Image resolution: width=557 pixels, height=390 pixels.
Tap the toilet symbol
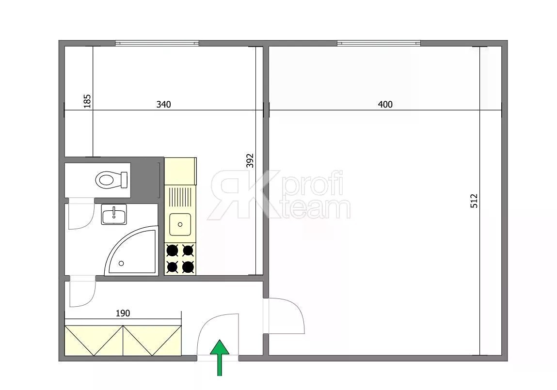111,180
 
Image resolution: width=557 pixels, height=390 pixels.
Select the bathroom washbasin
113,214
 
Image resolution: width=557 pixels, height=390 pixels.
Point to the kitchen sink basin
180,224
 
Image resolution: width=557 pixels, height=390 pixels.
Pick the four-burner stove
180,258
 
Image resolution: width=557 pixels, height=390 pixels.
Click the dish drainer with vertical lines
180,197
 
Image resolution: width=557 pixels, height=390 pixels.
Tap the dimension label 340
163,104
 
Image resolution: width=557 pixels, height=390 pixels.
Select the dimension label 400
385,104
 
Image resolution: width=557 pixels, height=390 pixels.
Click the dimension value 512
474,201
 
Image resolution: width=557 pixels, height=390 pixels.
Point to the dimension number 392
250,160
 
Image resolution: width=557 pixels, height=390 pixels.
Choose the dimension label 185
87,101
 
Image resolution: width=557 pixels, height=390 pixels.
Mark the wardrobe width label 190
123,313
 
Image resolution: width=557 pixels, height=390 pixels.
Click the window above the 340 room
157,43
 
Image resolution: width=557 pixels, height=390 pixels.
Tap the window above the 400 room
379,43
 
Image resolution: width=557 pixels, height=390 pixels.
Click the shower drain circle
121,264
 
